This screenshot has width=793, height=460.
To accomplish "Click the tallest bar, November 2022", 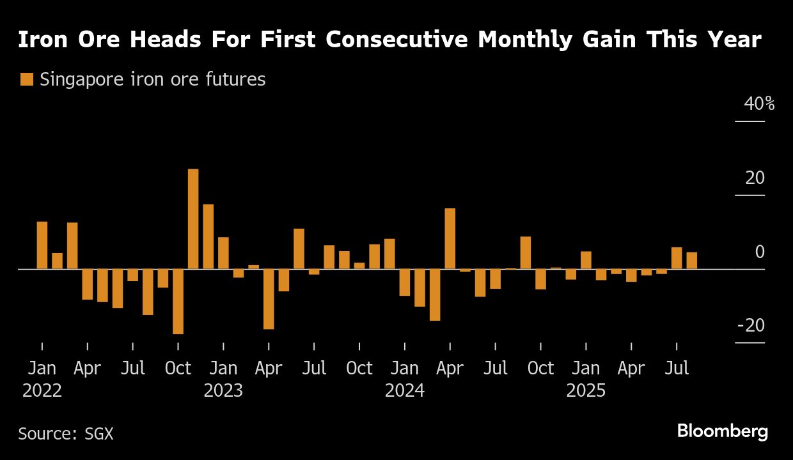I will (193, 219).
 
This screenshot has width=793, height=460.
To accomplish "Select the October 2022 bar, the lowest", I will (178, 301).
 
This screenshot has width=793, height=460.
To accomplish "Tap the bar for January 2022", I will (42, 245).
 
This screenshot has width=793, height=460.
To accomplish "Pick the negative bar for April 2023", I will (269, 299).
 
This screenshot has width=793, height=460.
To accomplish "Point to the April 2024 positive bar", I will (450, 239).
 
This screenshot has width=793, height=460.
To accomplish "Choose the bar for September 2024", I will (526, 253).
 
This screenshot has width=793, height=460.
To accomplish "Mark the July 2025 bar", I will (677, 258).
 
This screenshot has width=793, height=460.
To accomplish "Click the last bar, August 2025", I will (692, 261).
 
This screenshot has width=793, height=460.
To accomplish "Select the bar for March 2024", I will (435, 295).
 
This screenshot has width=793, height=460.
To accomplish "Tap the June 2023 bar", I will (299, 249).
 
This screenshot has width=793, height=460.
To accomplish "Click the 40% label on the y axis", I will (759, 104).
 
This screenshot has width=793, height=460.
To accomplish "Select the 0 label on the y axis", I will (759, 252).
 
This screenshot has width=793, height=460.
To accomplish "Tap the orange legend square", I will (26, 80).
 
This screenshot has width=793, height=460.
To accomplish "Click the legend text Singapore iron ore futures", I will (152, 80).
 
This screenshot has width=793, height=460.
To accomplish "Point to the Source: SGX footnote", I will (65, 434).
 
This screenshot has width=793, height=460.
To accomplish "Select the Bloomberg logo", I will (723, 432).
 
